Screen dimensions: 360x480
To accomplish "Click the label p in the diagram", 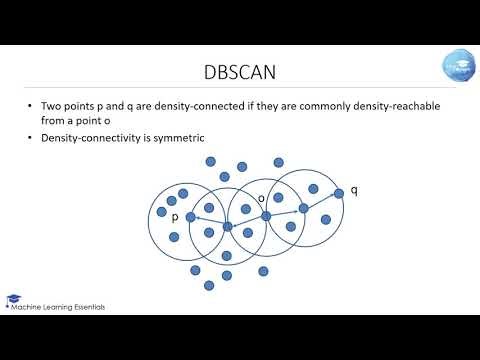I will [175, 216].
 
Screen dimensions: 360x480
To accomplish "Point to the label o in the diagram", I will [261, 198].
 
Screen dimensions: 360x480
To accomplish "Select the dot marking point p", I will [190, 216].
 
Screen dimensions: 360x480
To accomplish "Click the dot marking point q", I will [338, 192].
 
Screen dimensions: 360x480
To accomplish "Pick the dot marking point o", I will [266, 215].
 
